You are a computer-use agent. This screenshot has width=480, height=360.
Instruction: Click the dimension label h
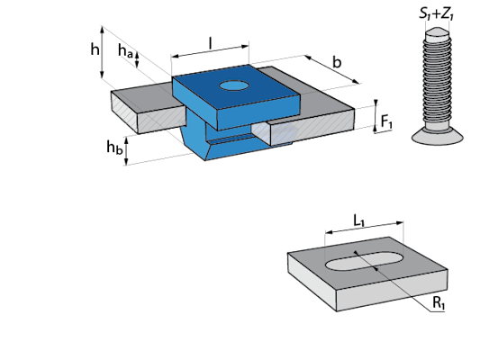[95, 49]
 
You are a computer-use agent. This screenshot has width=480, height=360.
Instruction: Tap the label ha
[125, 50]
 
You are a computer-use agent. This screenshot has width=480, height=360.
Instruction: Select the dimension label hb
[114, 147]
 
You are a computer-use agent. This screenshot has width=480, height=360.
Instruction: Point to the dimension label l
[211, 43]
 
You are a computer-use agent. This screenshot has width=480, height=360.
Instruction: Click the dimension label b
[337, 62]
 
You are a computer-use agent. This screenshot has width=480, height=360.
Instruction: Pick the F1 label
[386, 122]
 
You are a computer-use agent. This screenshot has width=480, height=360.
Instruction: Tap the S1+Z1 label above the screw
[436, 13]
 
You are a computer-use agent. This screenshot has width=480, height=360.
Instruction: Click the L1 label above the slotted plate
[359, 220]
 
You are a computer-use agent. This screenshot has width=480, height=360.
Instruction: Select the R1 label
[439, 303]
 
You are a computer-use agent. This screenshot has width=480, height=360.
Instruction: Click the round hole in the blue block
[233, 85]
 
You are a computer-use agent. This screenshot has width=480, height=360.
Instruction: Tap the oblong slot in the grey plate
[365, 261]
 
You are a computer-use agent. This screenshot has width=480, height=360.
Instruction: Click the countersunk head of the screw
[437, 136]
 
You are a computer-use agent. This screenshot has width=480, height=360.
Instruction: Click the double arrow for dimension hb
[126, 151]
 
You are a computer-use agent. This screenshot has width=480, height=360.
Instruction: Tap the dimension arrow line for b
[331, 69]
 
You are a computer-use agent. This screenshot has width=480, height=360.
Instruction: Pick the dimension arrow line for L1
[365, 228]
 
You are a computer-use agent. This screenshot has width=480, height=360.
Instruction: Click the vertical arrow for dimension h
[103, 52]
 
